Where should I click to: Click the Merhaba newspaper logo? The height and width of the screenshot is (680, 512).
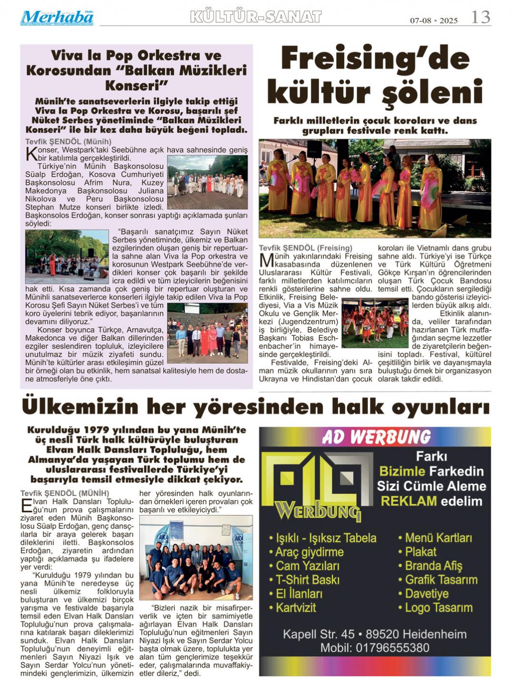pyautogui.click(x=57, y=18)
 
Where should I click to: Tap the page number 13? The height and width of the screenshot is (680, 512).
pyautogui.click(x=480, y=18)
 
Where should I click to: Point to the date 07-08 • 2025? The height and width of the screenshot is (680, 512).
pyautogui.click(x=434, y=21)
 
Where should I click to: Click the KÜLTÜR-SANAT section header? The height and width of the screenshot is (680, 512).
pyautogui.click(x=256, y=17)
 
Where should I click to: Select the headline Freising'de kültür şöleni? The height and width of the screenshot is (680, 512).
pyautogui.click(x=375, y=75)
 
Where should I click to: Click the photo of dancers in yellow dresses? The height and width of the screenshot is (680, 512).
pyautogui.click(x=375, y=188)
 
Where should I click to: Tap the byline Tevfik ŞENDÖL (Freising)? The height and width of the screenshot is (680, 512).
pyautogui.click(x=306, y=248)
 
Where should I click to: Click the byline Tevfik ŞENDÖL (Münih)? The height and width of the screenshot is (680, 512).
pyautogui.click(x=68, y=142)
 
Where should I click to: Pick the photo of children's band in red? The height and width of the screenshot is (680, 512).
pyautogui.click(x=375, y=323)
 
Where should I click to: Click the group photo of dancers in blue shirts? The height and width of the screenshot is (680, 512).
pyautogui.click(x=195, y=558)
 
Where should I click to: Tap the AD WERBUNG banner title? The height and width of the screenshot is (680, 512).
pyautogui.click(x=376, y=437)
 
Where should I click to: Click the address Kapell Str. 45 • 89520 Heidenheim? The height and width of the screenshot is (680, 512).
pyautogui.click(x=375, y=634)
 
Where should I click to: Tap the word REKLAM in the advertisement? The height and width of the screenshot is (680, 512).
pyautogui.click(x=409, y=501)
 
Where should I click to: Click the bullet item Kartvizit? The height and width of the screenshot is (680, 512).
pyautogui.click(x=296, y=608)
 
